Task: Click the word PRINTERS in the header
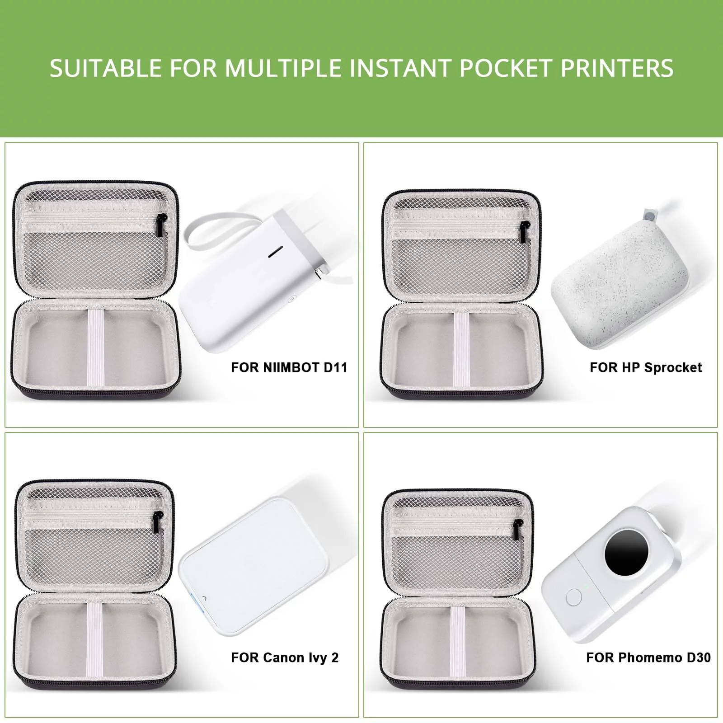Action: pyautogui.click(x=617, y=68)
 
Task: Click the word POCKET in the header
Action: pyautogui.click(x=507, y=68)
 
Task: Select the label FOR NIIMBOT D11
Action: pyautogui.click(x=289, y=367)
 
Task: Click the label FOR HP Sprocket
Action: pyautogui.click(x=646, y=368)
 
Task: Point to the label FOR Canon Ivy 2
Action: pyautogui.click(x=285, y=657)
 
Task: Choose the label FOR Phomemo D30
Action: pyautogui.click(x=648, y=657)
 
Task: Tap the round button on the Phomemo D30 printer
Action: pyautogui.click(x=573, y=597)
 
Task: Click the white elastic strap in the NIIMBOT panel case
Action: pyautogui.click(x=95, y=348)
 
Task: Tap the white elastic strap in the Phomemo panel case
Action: pyautogui.click(x=457, y=646)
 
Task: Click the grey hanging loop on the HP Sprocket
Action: pyautogui.click(x=650, y=216)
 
